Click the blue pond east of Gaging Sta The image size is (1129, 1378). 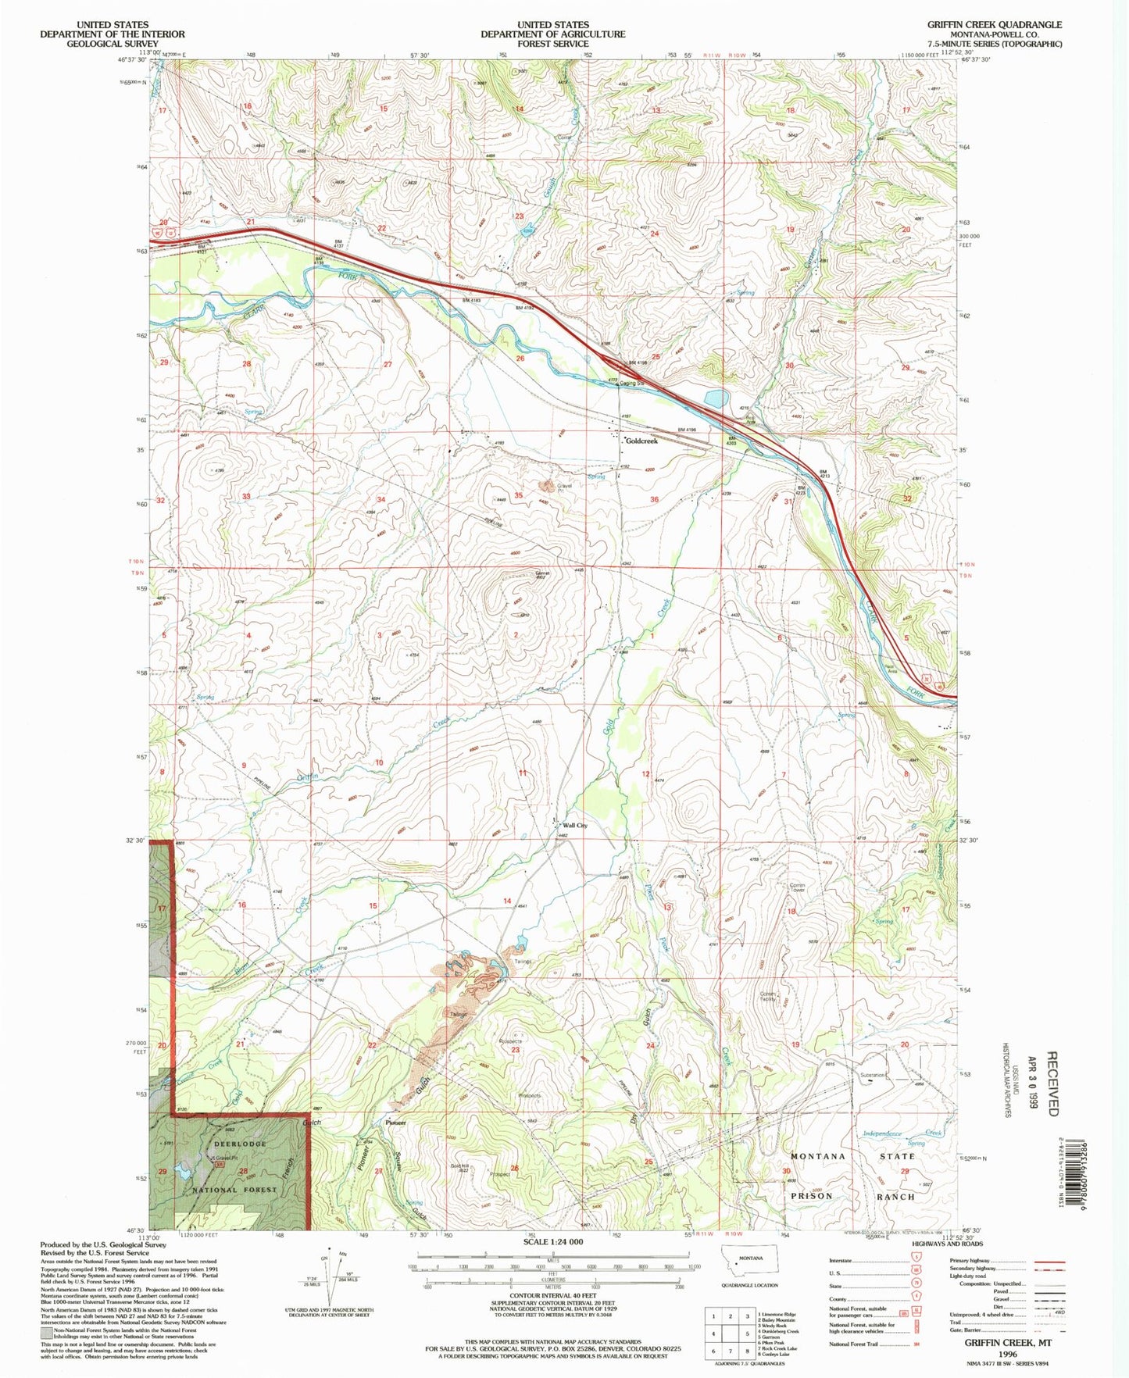715,399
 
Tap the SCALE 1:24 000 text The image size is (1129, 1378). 552,1241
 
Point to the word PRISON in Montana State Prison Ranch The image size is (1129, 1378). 813,1196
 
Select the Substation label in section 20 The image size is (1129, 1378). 872,1075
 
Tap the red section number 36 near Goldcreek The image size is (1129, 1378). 654,499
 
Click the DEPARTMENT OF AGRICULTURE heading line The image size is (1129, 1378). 552,34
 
